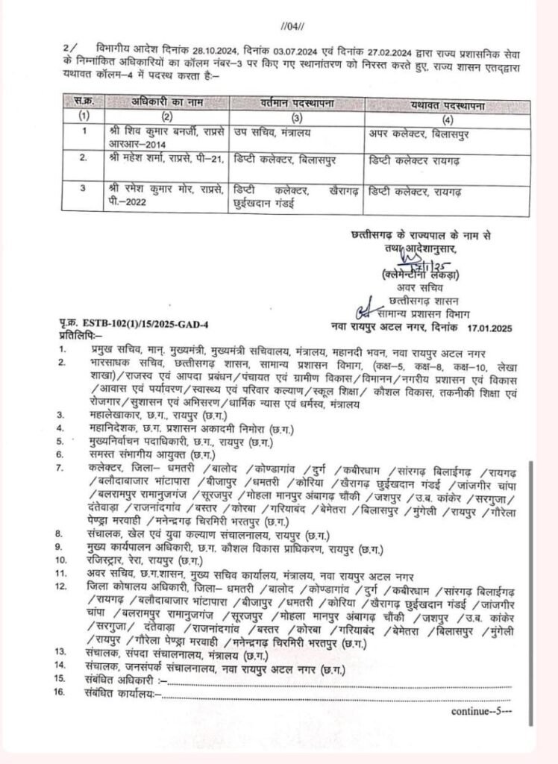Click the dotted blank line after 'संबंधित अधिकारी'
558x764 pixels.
336,683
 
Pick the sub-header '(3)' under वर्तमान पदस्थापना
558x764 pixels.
296,116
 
